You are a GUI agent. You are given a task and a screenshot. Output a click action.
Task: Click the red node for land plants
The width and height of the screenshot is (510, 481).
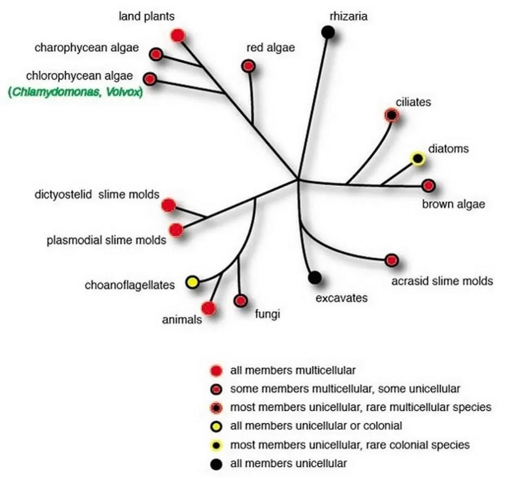tap(178, 36)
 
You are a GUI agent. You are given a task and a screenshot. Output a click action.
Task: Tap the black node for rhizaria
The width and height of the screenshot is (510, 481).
tap(328, 33)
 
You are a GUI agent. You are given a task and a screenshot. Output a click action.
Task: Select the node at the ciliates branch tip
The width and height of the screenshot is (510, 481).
tap(391, 115)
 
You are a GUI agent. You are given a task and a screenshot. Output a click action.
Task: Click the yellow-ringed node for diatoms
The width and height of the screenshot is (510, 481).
tap(417, 159)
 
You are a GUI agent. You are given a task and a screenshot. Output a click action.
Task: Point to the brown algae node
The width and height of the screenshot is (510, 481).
tap(429, 186)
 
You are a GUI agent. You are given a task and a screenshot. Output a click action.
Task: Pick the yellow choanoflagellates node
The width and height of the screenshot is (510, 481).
tap(192, 283)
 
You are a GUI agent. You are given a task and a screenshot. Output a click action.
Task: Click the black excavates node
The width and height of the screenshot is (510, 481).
tap(314, 278)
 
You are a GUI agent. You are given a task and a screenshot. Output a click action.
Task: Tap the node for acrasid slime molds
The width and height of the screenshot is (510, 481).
tap(392, 260)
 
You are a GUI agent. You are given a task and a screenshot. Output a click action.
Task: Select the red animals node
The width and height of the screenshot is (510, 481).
tap(209, 308)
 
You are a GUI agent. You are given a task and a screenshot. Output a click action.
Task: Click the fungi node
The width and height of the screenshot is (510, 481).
tap(241, 301)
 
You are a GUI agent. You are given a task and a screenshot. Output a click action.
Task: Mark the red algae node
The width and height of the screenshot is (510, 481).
tap(249, 66)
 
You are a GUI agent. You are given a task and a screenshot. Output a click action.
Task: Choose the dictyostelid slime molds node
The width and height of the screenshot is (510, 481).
tap(168, 205)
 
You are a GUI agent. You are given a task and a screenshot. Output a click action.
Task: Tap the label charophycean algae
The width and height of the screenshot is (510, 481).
tap(87, 48)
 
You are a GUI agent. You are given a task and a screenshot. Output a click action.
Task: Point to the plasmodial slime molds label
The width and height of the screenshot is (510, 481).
tap(106, 240)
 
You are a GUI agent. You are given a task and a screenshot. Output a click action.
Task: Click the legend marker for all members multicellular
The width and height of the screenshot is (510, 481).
tap(216, 371)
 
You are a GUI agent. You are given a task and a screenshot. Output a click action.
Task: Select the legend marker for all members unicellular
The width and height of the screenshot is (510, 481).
tap(216, 464)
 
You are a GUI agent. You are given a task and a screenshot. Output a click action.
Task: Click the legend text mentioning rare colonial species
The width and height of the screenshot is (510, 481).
tap(350, 445)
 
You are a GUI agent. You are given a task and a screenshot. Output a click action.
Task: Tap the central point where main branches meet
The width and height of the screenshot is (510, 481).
tap(298, 179)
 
